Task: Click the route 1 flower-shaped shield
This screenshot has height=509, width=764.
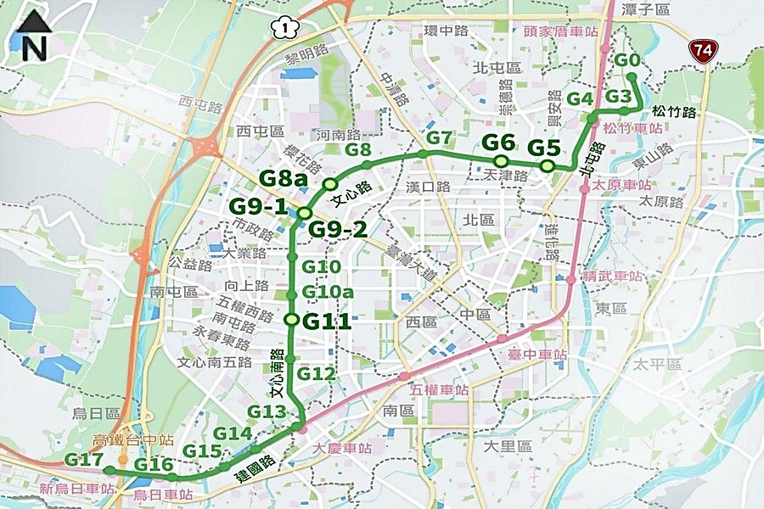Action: point(280,27)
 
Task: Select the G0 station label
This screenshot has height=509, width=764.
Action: point(626,60)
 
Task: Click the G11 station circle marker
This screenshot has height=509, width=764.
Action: point(292,320)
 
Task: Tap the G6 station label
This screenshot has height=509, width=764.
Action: point(499,143)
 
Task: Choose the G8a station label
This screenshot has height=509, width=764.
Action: point(284,178)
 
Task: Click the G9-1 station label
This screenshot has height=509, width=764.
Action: point(258,206)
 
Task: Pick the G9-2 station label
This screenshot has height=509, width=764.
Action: point(337,228)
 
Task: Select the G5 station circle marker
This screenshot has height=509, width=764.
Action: point(548,165)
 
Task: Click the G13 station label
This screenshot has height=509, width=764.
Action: point(267,411)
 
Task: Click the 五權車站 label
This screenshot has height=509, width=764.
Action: point(439,390)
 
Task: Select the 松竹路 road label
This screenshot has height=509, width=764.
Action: point(675,112)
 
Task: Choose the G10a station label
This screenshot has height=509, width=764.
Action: point(328,293)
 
